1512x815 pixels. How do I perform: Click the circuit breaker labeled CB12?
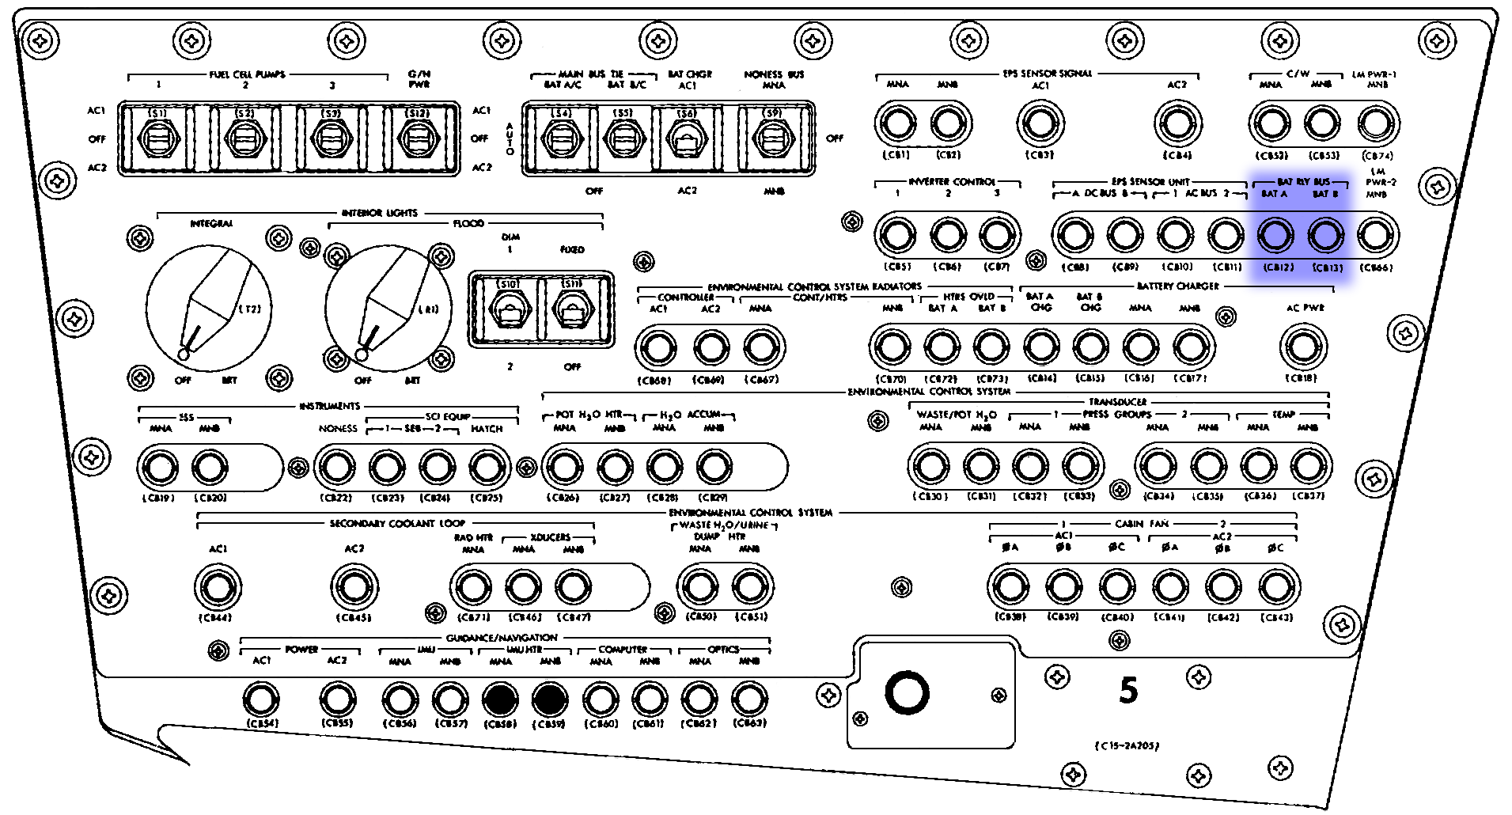point(1275,235)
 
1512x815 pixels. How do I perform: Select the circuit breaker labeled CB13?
point(1326,235)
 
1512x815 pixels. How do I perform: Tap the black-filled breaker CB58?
point(500,699)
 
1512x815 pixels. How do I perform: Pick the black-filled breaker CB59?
point(550,699)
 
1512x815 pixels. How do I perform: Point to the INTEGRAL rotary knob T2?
point(209,309)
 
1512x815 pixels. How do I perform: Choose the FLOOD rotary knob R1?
point(388,309)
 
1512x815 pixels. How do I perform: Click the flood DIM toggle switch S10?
point(506,309)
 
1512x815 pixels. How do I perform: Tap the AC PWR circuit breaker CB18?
point(1302,347)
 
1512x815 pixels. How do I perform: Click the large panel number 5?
point(1128,691)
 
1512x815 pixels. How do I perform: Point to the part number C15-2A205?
point(1127,745)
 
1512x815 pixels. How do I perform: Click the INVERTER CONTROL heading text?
point(952,181)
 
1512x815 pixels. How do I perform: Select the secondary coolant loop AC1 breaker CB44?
point(218,587)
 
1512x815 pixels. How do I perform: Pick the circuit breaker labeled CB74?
point(1377,123)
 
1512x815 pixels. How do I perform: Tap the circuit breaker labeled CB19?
point(159,467)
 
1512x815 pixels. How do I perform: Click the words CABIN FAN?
point(1142,524)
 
